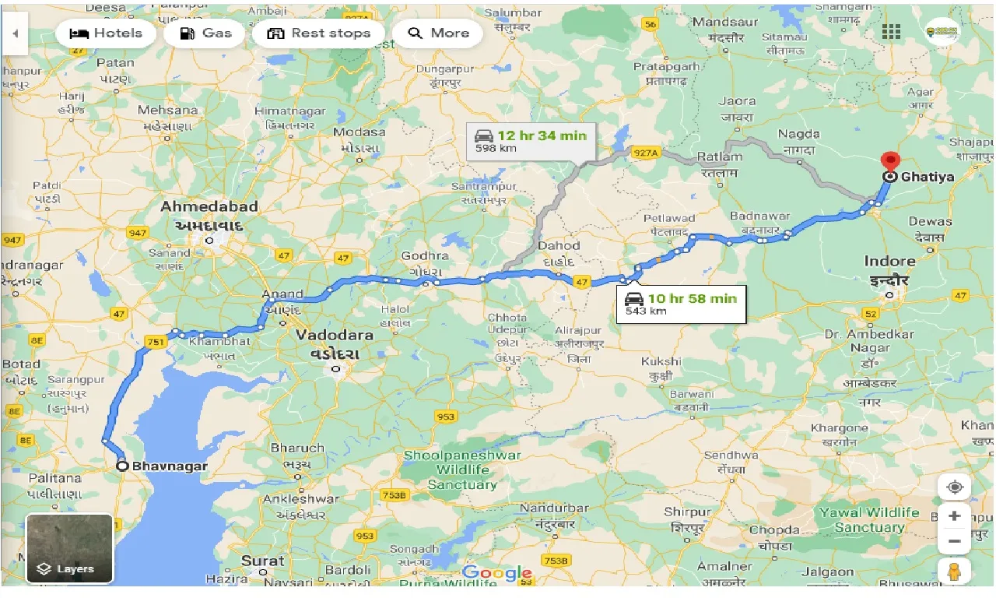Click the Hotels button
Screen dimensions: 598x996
106,33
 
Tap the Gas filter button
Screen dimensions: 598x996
205,33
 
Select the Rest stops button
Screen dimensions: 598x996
319,33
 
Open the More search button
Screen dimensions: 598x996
439,33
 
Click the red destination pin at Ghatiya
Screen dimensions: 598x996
889,163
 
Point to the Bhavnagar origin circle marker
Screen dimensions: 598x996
122,466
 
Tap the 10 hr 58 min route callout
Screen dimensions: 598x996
681,304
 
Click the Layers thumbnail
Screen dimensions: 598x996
69,548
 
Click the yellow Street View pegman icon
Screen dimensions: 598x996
955,571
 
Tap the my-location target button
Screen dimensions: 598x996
955,487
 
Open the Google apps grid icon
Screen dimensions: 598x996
891,32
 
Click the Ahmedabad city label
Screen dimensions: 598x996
209,207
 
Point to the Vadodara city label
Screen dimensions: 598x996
335,335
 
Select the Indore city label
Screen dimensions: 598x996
889,262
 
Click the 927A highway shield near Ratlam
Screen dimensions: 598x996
645,153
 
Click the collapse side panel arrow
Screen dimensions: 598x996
15,34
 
